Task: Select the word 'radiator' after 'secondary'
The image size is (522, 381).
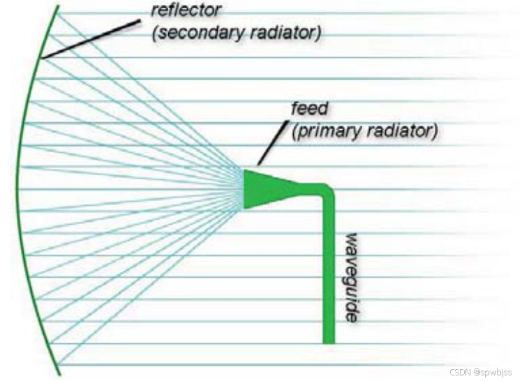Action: tap(284, 33)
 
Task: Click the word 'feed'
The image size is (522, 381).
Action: tap(308, 110)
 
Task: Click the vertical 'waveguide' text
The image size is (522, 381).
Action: tap(352, 276)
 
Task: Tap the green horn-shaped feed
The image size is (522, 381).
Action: tap(269, 188)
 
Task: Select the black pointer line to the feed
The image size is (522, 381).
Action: tap(273, 143)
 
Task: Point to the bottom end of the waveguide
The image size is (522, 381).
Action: tap(329, 340)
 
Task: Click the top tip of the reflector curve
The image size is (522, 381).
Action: tap(57, 6)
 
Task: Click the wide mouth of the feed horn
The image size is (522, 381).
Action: tap(246, 188)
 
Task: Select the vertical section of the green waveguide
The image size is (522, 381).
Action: tap(329, 272)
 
